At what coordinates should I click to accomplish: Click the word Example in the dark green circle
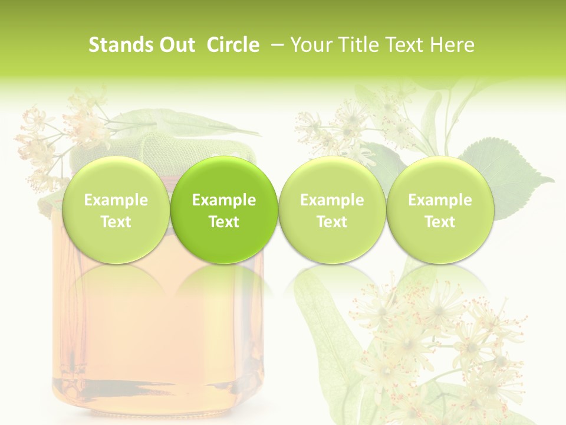click(x=224, y=200)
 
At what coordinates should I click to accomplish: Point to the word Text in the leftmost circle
click(x=116, y=222)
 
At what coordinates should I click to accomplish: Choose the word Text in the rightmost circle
click(x=440, y=222)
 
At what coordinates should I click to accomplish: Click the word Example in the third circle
click(x=332, y=200)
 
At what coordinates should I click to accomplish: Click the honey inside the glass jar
click(x=159, y=331)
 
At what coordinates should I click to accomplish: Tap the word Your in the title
click(x=308, y=45)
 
